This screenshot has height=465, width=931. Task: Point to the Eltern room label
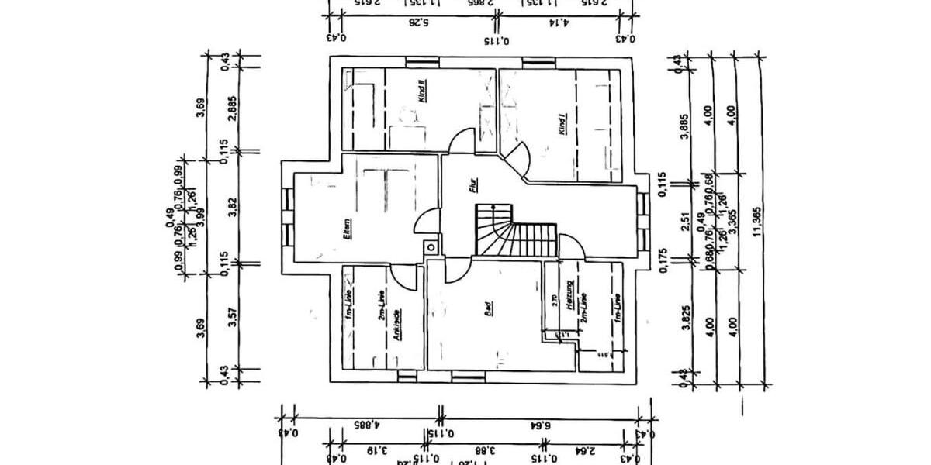pos(346,232)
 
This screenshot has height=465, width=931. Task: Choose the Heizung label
pos(569,297)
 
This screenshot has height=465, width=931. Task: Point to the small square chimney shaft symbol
pos(429,248)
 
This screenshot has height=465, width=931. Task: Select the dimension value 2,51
pos(685,223)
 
